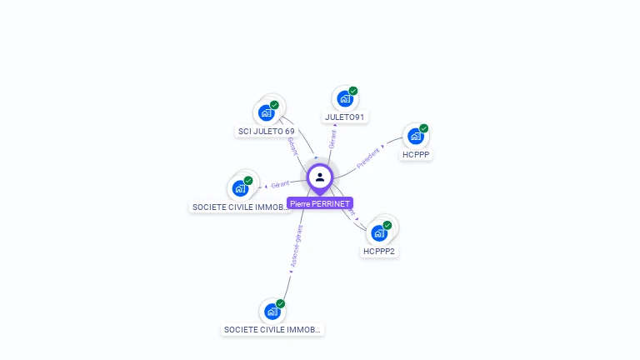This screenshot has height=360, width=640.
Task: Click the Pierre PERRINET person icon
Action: point(320,177)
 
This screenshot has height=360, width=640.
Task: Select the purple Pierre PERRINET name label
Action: point(320,203)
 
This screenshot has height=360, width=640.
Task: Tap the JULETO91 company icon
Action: point(344,99)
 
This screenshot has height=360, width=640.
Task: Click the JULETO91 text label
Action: point(345,117)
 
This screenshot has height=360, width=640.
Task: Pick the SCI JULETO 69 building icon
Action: point(266,112)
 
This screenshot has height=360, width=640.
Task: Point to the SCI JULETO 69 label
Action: point(267,132)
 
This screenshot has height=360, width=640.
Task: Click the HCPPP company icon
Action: point(415,137)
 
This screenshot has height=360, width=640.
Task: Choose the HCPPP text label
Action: point(417,155)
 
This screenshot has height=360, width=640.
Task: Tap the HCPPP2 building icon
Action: point(379,232)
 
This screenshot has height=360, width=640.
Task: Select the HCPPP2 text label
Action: point(380,251)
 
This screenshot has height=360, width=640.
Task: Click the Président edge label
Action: point(368,158)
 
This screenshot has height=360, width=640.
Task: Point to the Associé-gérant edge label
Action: point(296,246)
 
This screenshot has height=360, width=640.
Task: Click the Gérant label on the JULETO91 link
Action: point(332,138)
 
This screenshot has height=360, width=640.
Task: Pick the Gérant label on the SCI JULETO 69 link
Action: point(292,146)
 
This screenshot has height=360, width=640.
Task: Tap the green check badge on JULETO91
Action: point(353,91)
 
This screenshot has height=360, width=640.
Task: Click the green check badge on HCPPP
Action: point(423,128)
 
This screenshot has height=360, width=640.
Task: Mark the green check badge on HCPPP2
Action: point(387,225)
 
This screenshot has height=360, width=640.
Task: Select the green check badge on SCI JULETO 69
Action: point(274,105)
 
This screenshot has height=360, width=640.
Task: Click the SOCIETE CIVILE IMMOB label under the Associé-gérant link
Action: point(272,330)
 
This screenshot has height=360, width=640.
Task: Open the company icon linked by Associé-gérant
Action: point(272,312)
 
